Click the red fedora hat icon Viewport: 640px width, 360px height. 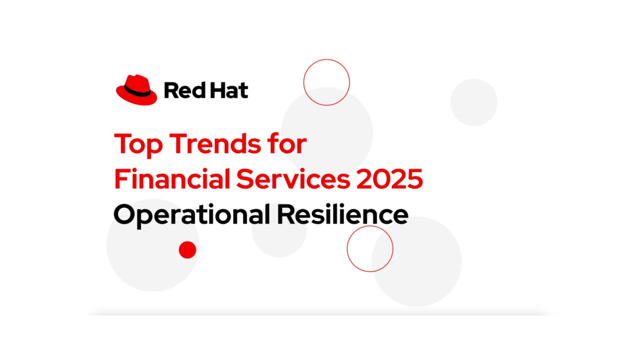click(x=136, y=90)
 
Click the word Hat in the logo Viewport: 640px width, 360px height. click(x=227, y=91)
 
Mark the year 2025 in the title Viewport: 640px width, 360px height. click(x=390, y=179)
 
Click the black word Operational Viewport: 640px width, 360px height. click(x=191, y=215)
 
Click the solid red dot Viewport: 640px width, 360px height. click(x=187, y=249)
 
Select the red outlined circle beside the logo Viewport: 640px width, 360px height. click(x=326, y=82)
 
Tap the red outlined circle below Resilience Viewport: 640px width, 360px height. click(x=370, y=248)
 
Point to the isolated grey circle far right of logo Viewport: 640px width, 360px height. click(x=474, y=102)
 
